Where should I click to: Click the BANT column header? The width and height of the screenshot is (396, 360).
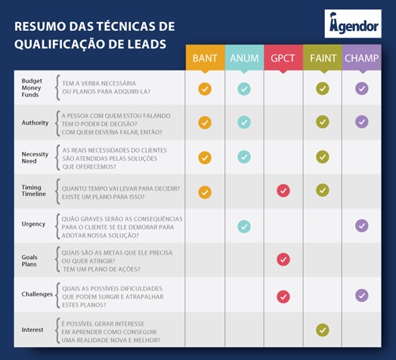pos(205,58)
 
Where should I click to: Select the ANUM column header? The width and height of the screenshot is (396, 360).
pos(244,58)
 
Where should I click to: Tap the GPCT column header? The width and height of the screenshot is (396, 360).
pos(283,58)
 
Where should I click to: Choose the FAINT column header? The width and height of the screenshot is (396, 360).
pos(323,58)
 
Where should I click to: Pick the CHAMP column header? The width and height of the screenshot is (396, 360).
pos(362,58)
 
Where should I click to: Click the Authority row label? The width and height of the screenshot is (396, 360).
pos(36,123)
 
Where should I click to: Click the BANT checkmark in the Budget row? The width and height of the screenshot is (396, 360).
pos(205,88)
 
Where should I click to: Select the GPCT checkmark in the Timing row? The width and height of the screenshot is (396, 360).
pos(283,191)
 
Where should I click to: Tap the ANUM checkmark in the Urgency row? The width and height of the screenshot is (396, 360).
pos(244,225)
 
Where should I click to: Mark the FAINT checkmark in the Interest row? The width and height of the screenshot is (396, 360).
pos(323,330)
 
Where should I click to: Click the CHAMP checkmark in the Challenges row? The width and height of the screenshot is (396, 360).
pos(362,295)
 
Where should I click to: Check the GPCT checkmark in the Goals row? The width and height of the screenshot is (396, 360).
pos(283,259)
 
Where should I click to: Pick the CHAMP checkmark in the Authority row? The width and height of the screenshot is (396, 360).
pos(362,122)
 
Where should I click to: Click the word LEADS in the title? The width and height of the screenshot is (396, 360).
pos(139,44)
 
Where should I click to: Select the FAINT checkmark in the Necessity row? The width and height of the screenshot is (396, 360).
pos(323,157)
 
